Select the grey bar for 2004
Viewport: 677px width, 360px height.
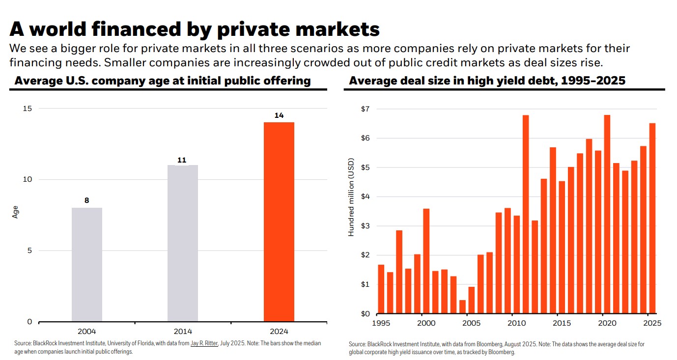(x=87, y=265)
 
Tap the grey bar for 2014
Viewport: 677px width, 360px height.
(x=183, y=244)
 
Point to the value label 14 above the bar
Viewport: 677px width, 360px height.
(x=279, y=115)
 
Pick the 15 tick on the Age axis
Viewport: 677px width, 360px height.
(x=28, y=109)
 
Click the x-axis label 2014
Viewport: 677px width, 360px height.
(x=183, y=331)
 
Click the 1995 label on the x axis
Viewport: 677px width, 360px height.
(x=381, y=323)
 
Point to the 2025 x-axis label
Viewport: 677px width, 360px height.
(x=652, y=323)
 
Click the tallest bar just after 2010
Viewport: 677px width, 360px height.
(x=526, y=214)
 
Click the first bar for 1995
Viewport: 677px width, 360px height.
(x=381, y=289)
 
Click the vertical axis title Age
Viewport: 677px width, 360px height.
(x=15, y=212)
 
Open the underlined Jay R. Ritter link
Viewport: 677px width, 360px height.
(x=204, y=343)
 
